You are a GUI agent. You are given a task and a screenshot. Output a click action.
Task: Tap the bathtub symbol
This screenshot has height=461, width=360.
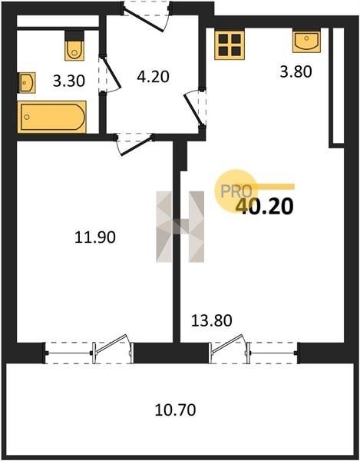point(52,117)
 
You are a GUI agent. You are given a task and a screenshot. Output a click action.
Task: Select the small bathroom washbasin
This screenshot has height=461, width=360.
point(27,83)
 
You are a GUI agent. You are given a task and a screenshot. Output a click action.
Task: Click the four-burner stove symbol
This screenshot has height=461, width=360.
point(230,45)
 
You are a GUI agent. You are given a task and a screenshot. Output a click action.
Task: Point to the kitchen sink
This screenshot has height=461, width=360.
point(306,41)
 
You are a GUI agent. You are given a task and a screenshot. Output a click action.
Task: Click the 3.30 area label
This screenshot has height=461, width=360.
point(69,81)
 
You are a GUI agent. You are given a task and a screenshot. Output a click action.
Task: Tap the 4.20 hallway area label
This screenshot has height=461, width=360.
point(153,77)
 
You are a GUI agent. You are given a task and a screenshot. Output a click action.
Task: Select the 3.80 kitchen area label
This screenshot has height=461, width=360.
point(296,71)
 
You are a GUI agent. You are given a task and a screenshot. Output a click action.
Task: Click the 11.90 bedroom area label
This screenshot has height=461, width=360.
point(95,237)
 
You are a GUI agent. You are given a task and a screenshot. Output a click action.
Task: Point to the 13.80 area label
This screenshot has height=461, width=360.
point(211,320)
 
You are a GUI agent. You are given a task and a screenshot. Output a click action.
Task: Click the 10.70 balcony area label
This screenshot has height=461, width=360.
point(175,410)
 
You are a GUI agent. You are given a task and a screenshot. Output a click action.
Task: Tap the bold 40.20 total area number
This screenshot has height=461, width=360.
point(264,206)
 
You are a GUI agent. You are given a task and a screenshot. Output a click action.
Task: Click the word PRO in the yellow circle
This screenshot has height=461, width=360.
point(236,191)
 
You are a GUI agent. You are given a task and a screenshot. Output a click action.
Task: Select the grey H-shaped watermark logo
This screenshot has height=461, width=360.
point(180,227)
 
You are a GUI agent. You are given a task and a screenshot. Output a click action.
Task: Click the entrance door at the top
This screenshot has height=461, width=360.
point(147,15)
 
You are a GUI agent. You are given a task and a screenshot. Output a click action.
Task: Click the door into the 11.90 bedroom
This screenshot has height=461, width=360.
point(134,144)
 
